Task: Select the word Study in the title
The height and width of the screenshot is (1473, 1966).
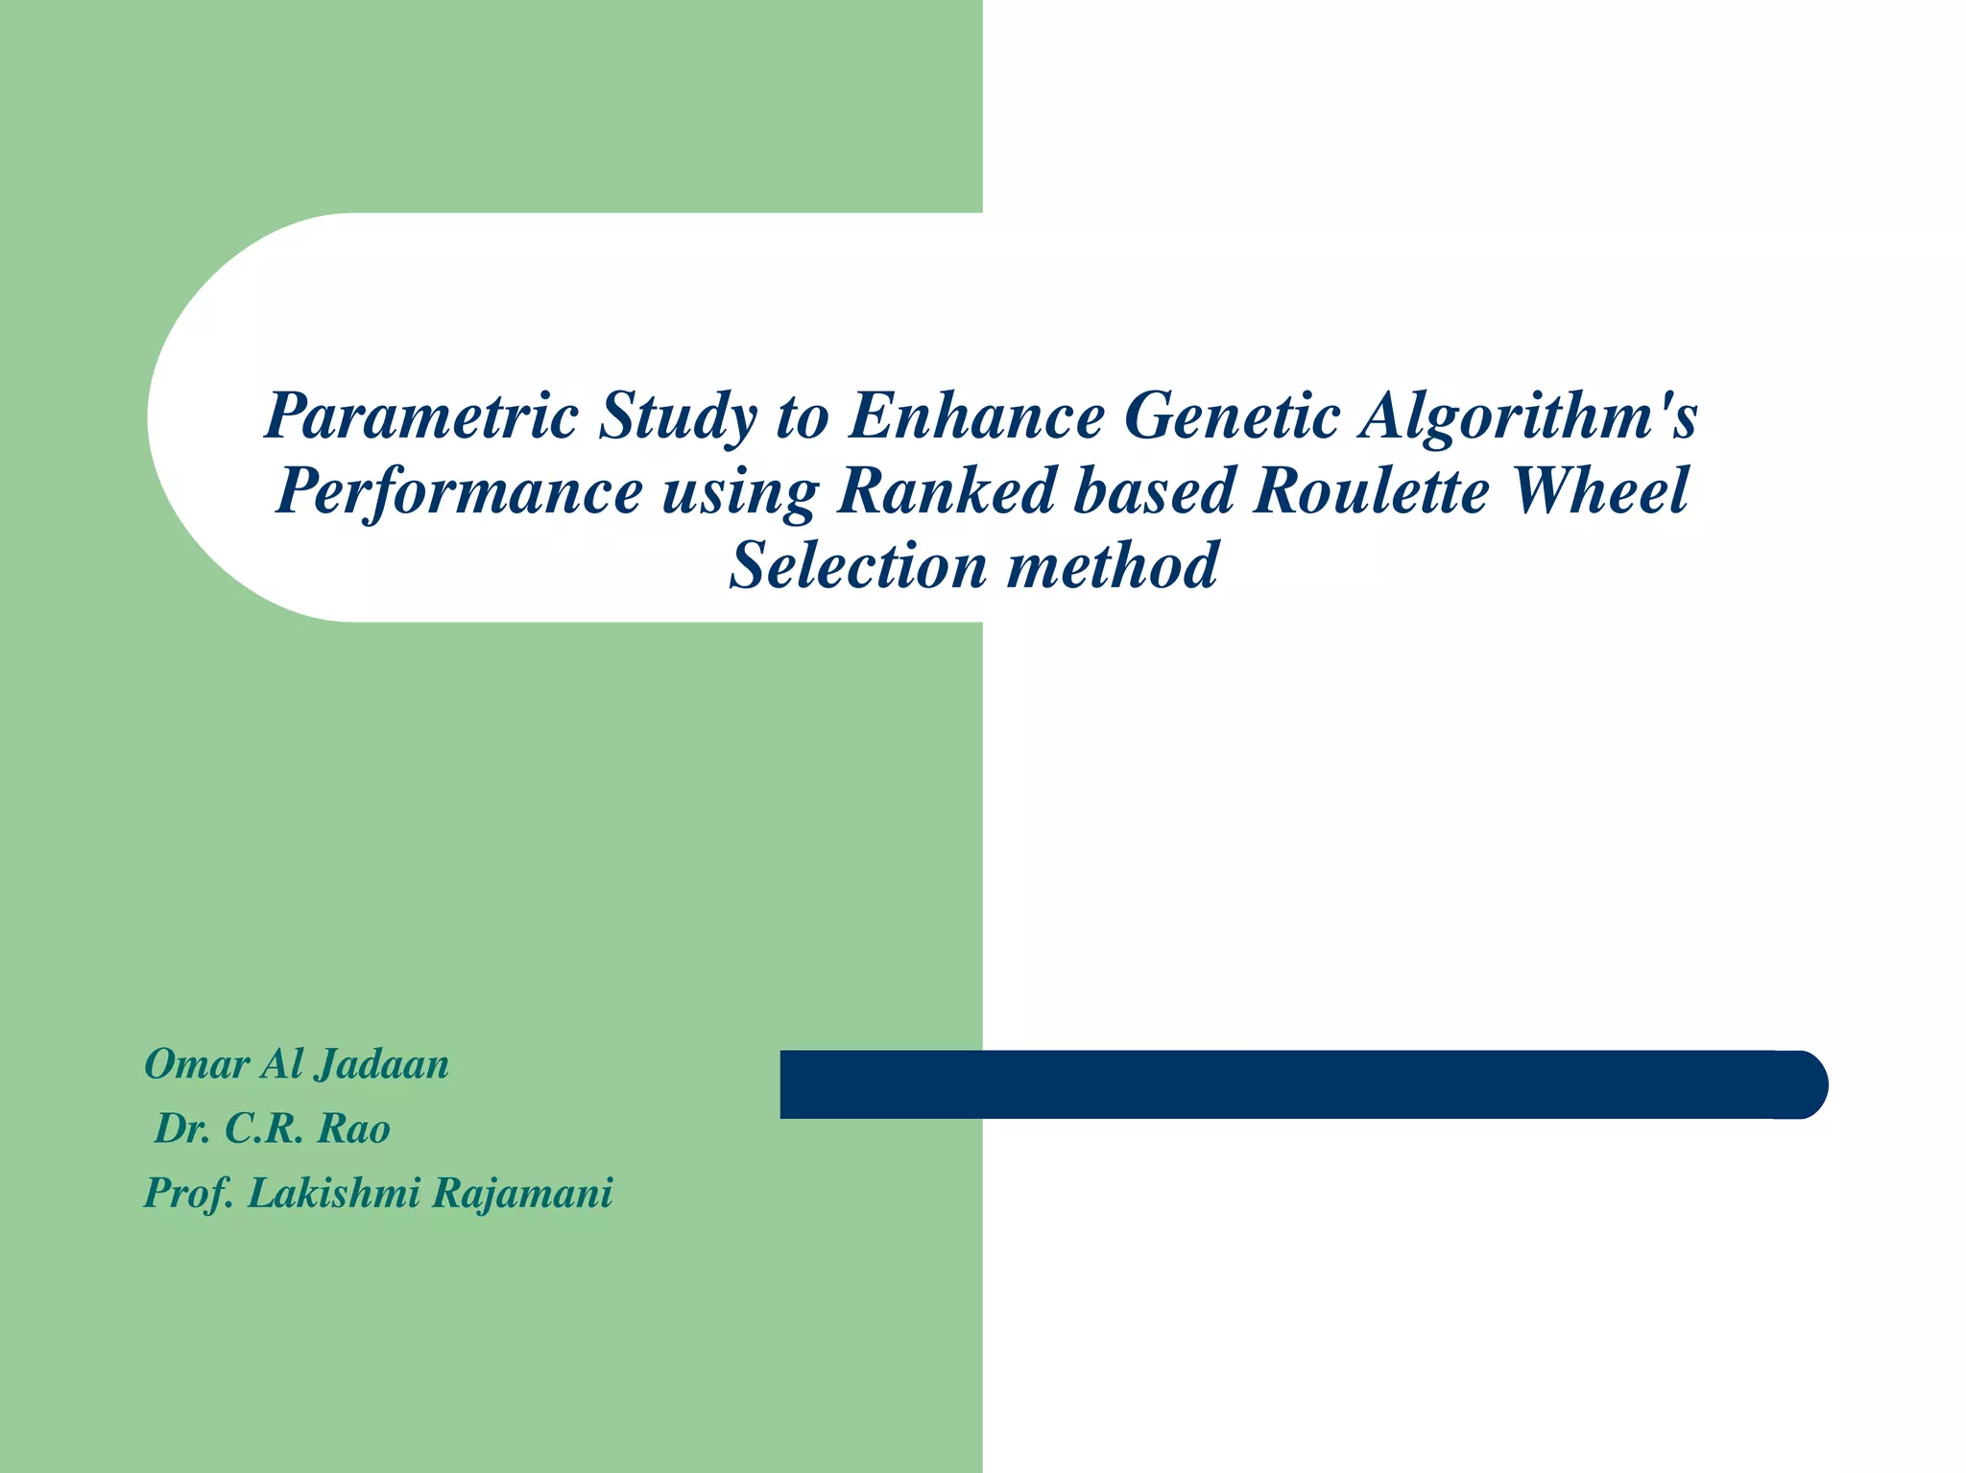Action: point(677,417)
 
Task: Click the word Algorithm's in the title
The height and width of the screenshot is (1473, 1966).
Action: point(1527,417)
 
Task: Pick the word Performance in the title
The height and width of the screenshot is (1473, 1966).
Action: point(458,491)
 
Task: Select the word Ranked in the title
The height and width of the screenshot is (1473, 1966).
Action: point(945,490)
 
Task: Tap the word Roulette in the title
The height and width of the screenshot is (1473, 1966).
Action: point(1371,490)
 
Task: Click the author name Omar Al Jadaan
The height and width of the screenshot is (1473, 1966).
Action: point(297,1064)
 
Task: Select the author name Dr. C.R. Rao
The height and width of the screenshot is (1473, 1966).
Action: point(272,1129)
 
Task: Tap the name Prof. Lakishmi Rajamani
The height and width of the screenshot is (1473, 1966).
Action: point(377,1193)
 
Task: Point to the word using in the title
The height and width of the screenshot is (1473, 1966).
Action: point(739,492)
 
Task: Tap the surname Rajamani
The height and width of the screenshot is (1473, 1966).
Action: point(522,1193)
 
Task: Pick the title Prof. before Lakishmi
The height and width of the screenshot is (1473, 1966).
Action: point(189,1194)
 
